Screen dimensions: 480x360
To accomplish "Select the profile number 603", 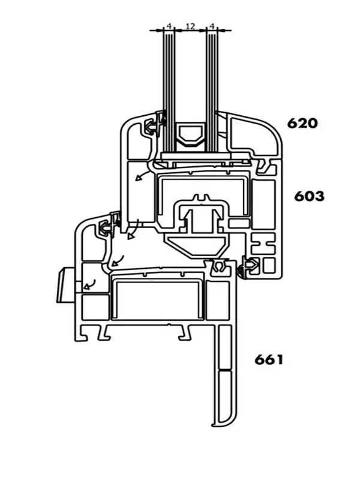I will tap(309, 196).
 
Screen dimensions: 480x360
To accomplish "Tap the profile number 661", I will tap(268, 360).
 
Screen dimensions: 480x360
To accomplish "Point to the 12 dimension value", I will tap(190, 26).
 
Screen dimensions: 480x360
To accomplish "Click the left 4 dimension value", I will tap(169, 26).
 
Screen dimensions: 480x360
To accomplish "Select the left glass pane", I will tap(170, 90).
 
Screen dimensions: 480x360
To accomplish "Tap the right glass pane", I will tap(211, 90).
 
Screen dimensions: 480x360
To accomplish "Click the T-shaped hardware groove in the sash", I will tap(198, 216).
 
